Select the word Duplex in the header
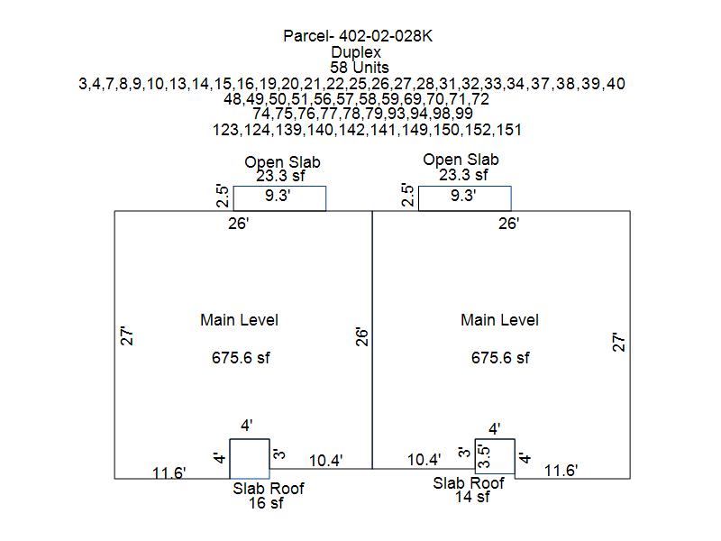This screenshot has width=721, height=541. [x=355, y=53]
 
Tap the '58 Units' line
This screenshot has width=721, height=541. [x=355, y=69]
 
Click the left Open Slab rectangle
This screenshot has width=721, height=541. [x=279, y=198]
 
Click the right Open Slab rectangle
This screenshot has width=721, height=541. [x=465, y=198]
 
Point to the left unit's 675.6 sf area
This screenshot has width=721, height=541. [x=241, y=358]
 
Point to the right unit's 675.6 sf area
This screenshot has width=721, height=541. [x=500, y=358]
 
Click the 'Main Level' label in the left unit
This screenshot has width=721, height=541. [x=239, y=320]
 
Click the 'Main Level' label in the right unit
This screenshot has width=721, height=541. [x=499, y=320]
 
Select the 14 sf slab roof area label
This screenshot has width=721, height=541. [x=471, y=497]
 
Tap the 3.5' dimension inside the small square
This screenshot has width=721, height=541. [x=484, y=456]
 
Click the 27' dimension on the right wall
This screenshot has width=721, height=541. [x=619, y=343]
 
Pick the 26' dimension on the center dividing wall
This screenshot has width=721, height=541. [x=362, y=337]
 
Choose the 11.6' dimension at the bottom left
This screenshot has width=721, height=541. [x=169, y=472]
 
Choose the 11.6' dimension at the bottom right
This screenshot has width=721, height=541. [x=561, y=470]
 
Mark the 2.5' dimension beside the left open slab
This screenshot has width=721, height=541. [x=222, y=197]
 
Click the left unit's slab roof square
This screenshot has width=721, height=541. [x=250, y=458]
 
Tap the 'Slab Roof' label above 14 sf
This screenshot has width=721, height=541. [x=469, y=483]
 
